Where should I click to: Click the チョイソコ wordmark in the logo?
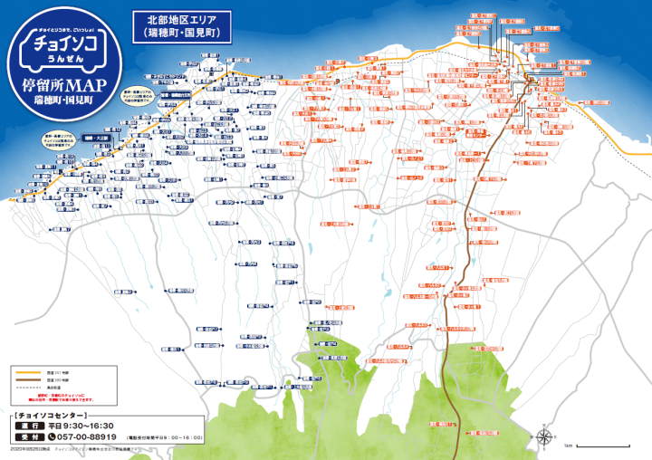click(60, 44)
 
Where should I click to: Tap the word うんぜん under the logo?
click(60, 63)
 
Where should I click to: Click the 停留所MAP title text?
click(60, 87)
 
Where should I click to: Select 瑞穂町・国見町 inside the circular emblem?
click(60, 101)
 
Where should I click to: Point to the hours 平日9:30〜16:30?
click(81, 426)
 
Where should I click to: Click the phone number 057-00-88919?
click(91, 436)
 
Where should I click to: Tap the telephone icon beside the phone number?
click(53, 436)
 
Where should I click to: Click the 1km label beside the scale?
click(568, 446)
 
